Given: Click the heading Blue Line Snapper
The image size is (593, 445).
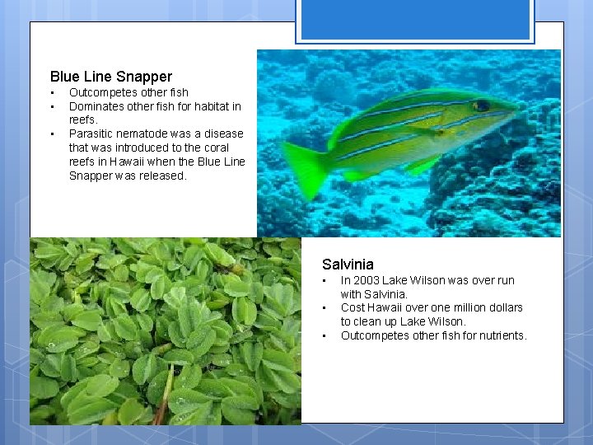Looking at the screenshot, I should click(110, 77).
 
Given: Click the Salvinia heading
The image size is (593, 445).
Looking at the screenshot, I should click(348, 265).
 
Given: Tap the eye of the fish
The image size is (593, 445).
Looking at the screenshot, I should click(481, 105).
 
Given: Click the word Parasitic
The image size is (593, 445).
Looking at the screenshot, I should click(91, 133).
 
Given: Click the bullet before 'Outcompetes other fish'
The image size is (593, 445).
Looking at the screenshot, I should click(52, 92).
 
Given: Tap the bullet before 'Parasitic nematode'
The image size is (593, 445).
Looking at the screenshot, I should click(52, 133).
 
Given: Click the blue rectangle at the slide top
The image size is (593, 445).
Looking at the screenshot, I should click(415, 21).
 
